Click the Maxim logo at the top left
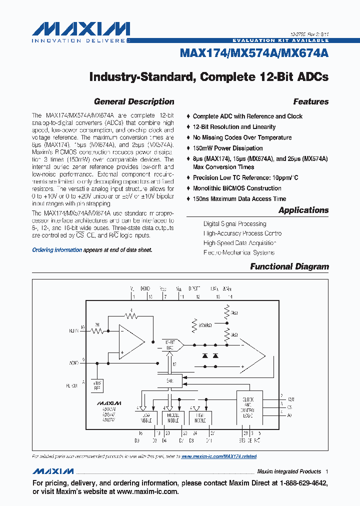point(80,30)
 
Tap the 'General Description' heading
point(134,101)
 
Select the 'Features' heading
point(310,101)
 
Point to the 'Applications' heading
point(303,210)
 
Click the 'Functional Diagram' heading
point(289,266)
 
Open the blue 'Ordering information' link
point(57,250)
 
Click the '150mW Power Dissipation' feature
point(227,148)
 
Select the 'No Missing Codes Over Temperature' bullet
point(242,137)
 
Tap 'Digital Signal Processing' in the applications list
point(234,224)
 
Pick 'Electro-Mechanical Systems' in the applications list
point(238,252)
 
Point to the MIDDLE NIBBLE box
point(172,417)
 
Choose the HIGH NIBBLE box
point(200,417)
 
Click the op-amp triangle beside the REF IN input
point(130,342)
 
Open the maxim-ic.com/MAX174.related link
point(218,456)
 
